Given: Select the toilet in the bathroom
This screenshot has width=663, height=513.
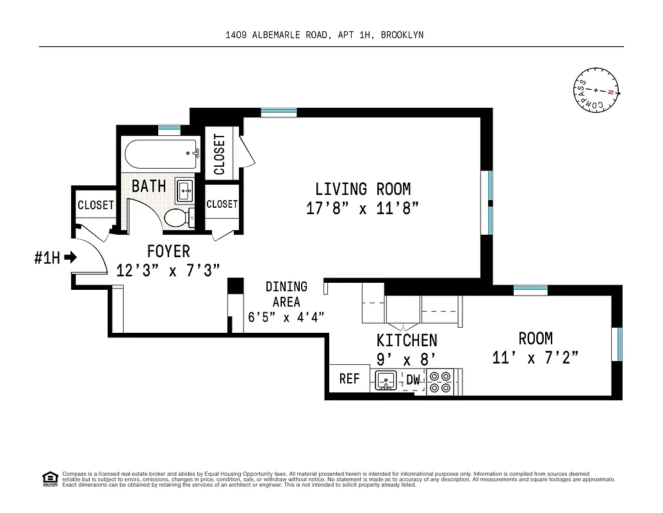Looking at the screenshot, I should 178,218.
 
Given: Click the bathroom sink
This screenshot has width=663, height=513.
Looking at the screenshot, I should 184,189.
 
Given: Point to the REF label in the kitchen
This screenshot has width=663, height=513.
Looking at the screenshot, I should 349,378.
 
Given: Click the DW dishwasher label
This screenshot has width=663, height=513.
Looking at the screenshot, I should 414,380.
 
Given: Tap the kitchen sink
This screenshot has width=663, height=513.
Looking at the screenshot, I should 386,381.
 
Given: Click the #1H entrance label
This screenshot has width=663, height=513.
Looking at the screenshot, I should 47,258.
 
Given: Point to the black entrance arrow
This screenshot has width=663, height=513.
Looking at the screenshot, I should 70,258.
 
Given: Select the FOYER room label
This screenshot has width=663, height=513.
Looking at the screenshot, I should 168,251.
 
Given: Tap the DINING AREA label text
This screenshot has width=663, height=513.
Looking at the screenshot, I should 286,294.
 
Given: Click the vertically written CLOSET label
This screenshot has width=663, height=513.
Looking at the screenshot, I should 220,154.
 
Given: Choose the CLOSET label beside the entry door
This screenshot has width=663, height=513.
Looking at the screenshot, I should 95,205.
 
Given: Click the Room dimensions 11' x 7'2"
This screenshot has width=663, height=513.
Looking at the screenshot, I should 536,357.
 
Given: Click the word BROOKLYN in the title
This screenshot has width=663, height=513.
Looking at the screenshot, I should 402,35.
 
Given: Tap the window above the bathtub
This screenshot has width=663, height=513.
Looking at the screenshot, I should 169,128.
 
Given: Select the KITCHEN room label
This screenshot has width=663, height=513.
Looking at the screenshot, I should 407,340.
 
